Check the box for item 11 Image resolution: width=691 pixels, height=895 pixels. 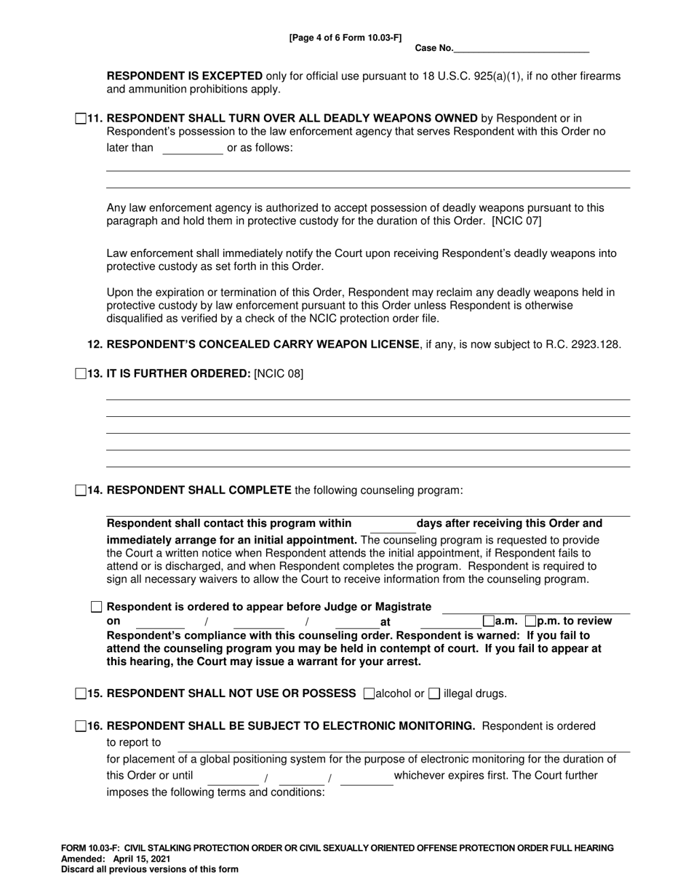pyautogui.click(x=80, y=119)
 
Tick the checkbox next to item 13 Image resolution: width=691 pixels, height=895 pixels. pyautogui.click(x=80, y=374)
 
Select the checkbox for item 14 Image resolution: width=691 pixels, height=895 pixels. pyautogui.click(x=80, y=490)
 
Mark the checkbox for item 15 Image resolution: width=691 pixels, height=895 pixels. pyautogui.click(x=80, y=693)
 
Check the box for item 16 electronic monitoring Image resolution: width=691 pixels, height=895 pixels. pyautogui.click(x=80, y=726)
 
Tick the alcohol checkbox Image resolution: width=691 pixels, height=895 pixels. pyautogui.click(x=369, y=693)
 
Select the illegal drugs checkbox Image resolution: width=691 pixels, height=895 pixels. pyautogui.click(x=434, y=693)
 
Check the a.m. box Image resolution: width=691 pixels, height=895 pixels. pyautogui.click(x=488, y=621)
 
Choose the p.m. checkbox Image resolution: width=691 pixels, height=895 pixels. pyautogui.click(x=530, y=621)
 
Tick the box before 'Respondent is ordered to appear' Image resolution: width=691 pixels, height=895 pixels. pyautogui.click(x=96, y=607)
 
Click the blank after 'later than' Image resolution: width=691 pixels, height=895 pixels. pyautogui.click(x=192, y=149)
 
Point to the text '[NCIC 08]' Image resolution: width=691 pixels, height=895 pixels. pyautogui.click(x=279, y=374)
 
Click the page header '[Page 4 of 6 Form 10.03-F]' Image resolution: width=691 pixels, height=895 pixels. pyautogui.click(x=345, y=37)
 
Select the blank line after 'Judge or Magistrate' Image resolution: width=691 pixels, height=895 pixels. pyautogui.click(x=535, y=608)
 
